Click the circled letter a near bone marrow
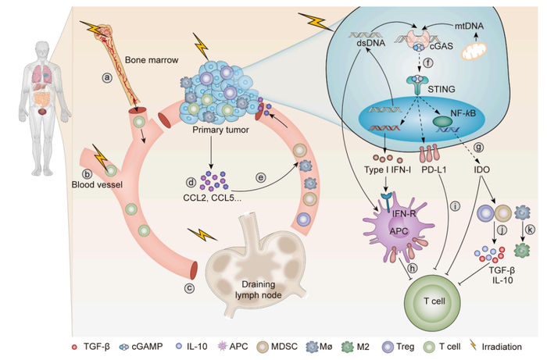[x=108, y=77]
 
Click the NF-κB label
[x=464, y=113]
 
